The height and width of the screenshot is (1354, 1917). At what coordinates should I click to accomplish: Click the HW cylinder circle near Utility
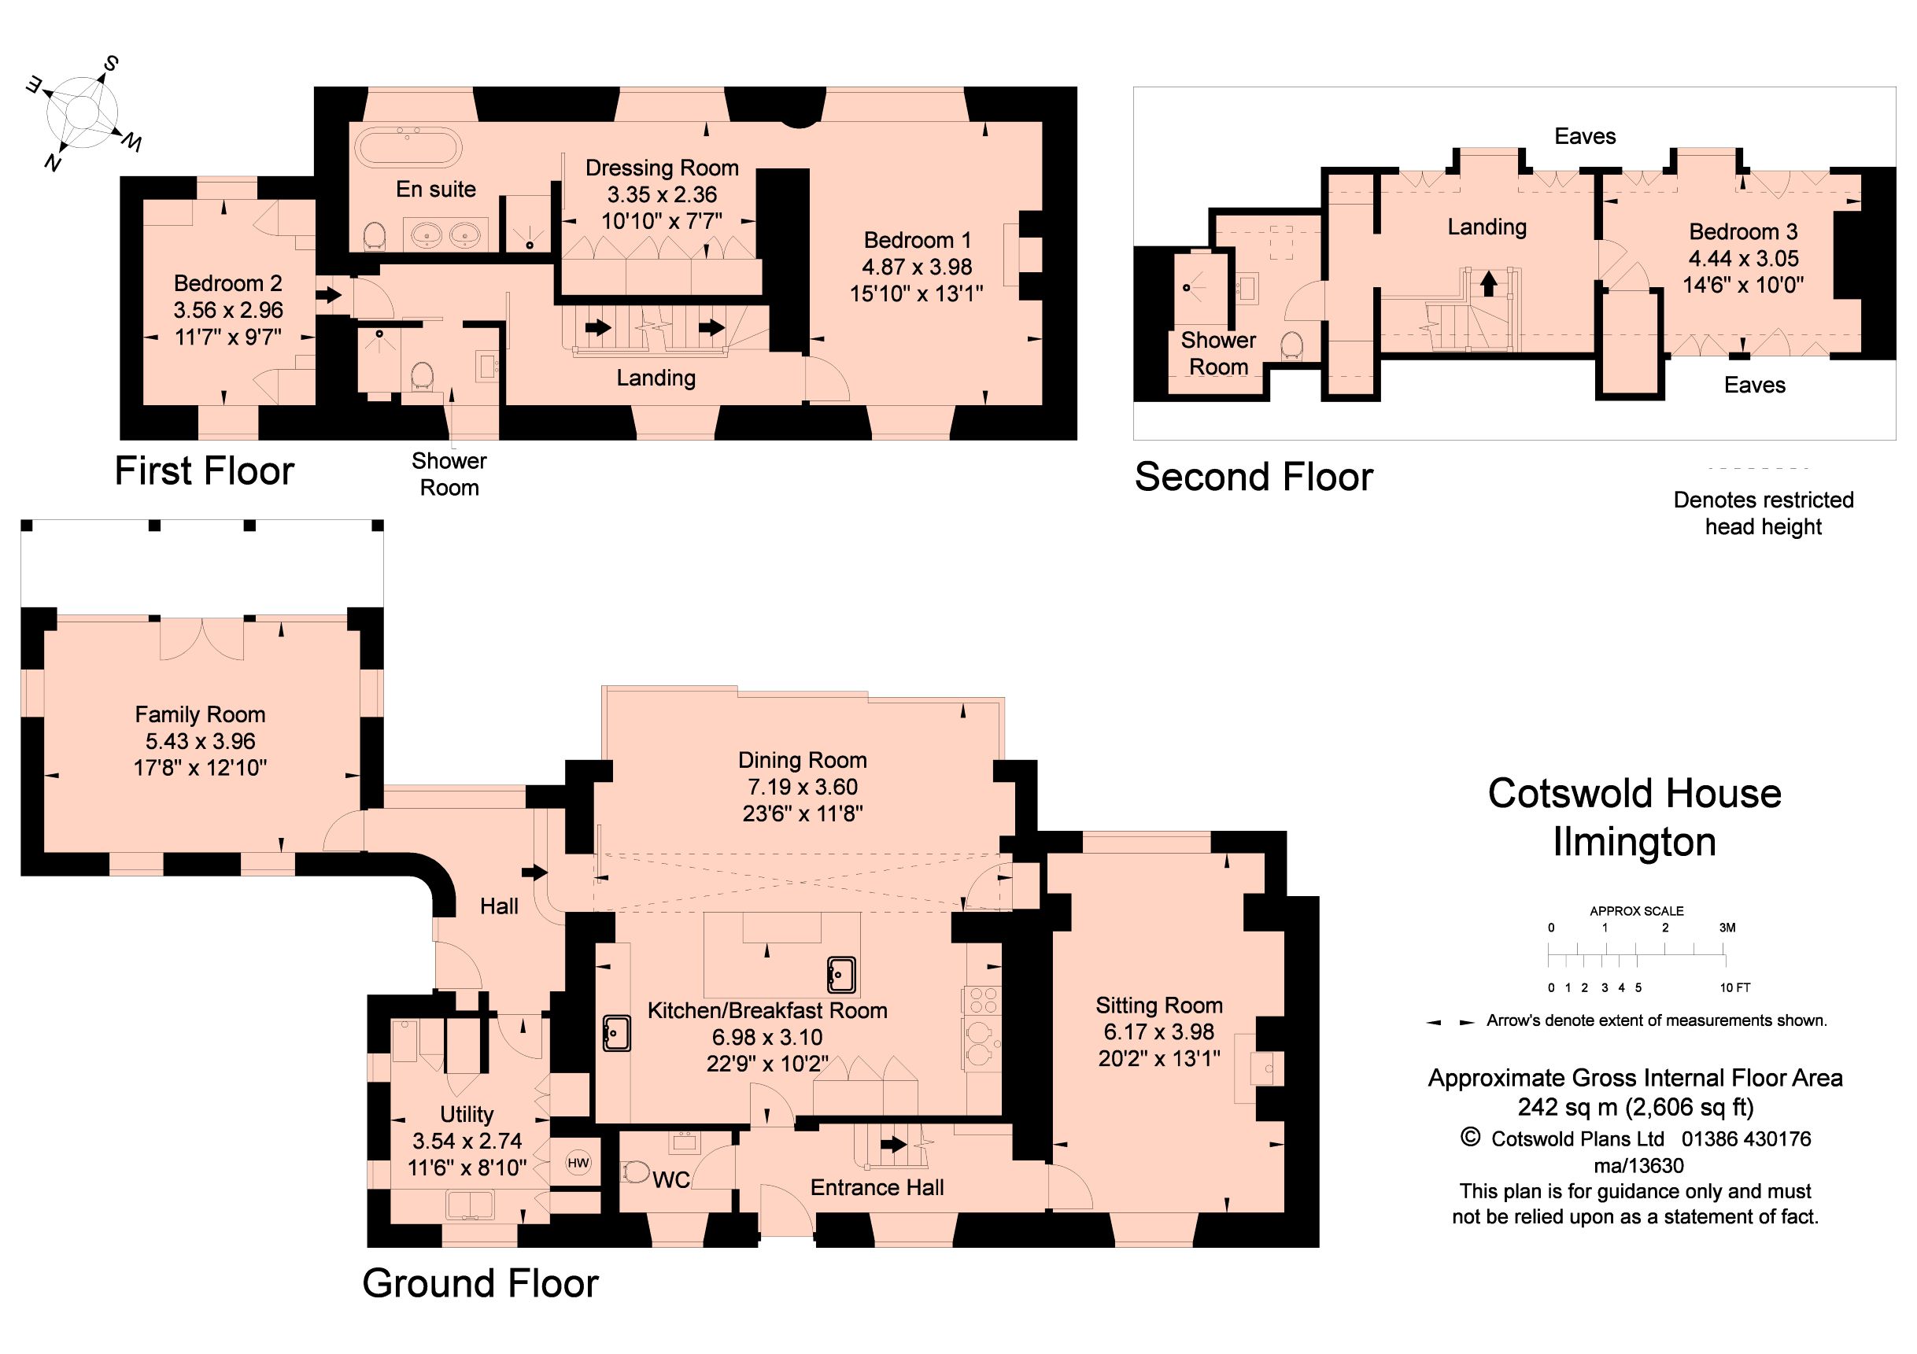(578, 1163)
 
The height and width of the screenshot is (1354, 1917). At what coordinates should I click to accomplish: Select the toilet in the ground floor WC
(636, 1173)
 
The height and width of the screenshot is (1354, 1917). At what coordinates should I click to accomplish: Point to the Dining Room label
(803, 761)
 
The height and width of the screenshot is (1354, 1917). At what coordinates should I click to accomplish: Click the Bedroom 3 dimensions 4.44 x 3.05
(1743, 258)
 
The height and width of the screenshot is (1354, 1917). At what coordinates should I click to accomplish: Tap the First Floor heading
(205, 470)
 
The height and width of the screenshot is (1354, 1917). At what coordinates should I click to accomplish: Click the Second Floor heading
(1254, 478)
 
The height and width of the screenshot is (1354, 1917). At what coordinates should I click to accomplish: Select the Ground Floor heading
(481, 1284)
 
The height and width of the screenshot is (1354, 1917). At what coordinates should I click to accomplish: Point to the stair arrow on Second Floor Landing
(1489, 284)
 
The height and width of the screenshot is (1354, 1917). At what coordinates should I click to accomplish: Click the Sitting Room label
(1159, 1005)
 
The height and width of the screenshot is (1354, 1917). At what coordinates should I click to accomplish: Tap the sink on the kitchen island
(841, 975)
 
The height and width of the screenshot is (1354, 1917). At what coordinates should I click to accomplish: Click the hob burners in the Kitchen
(982, 1000)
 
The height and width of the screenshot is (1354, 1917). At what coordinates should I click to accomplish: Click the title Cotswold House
(1634, 793)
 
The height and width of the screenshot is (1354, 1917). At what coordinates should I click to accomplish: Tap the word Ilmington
(1634, 843)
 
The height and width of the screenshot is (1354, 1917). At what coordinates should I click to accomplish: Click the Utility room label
(467, 1114)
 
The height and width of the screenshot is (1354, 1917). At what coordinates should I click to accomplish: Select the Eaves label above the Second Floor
(1585, 136)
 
